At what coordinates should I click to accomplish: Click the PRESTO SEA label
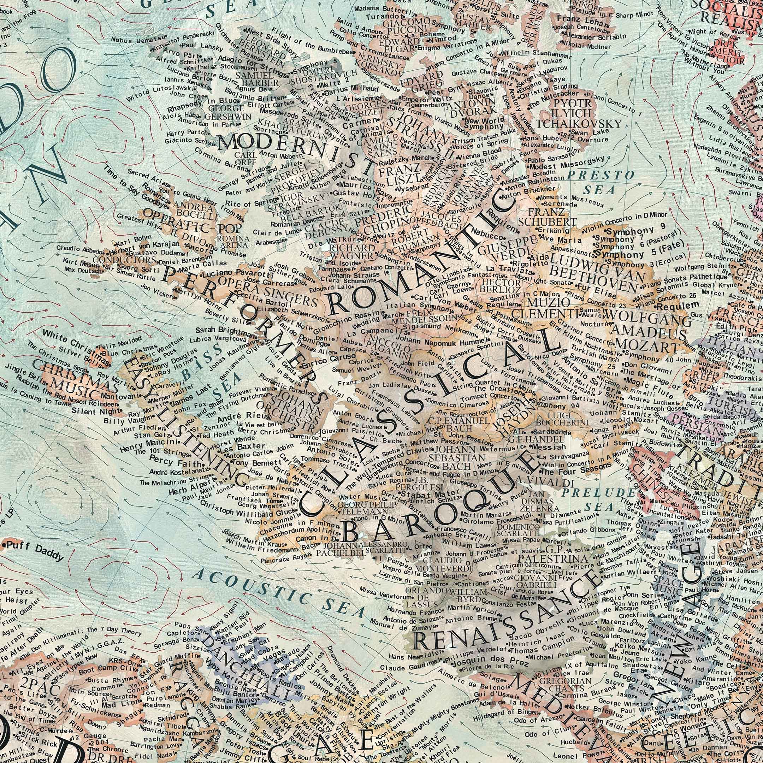(x=600, y=182)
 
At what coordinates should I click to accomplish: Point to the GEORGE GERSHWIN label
(x=228, y=112)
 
